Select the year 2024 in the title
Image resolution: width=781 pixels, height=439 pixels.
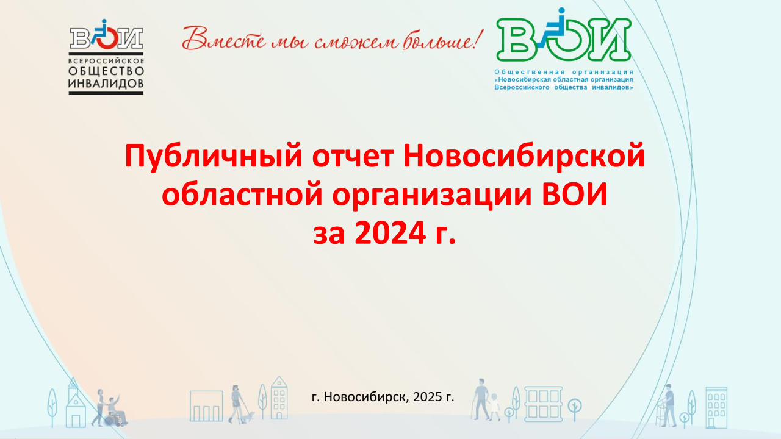390,233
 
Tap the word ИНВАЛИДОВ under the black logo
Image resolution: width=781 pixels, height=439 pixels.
106,84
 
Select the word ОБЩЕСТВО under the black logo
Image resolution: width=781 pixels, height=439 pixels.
106,71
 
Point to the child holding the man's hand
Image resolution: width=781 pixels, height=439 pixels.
494,407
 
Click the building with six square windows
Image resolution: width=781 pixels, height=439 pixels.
543,404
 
